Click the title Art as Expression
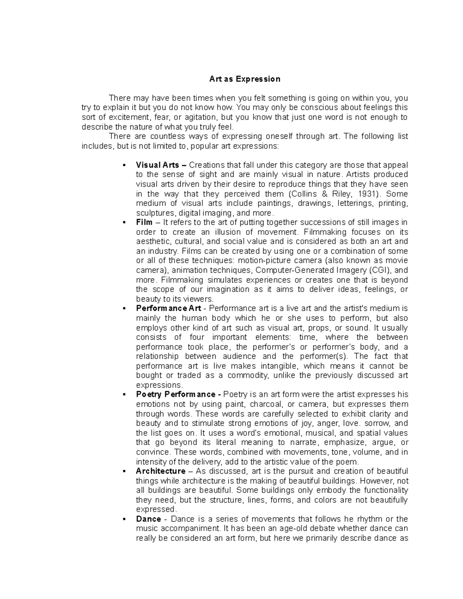245,79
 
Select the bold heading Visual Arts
157,165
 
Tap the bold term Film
144,222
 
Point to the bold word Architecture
161,471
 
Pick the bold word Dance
148,519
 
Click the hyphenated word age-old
279,528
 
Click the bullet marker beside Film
124,223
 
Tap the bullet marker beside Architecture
124,471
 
